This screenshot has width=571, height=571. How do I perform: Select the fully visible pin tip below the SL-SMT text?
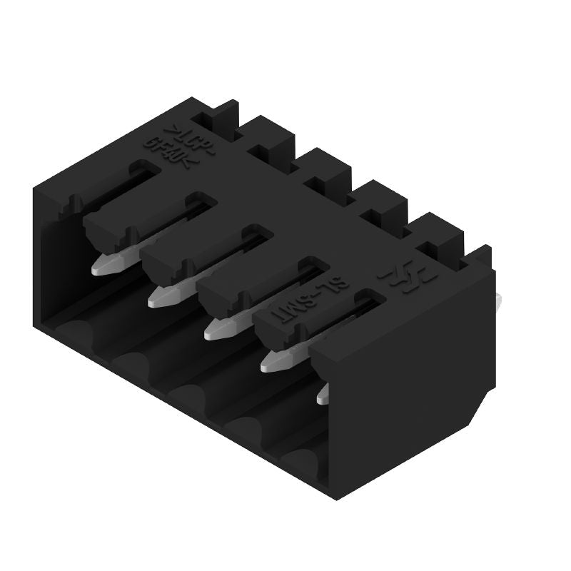pos(276,361)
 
